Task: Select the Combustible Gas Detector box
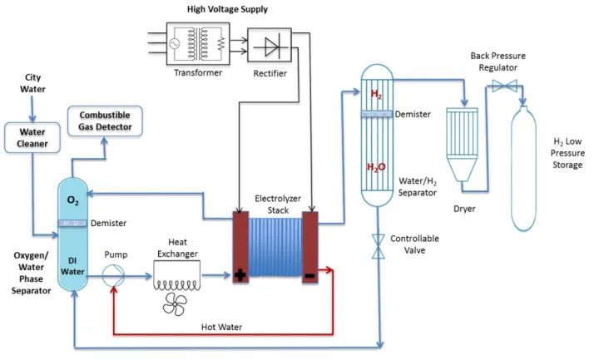click(x=105, y=122)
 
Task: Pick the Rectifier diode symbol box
click(x=270, y=48)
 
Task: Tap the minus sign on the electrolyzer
click(x=309, y=274)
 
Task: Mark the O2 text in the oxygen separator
click(x=72, y=200)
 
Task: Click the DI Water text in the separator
click(x=72, y=265)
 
